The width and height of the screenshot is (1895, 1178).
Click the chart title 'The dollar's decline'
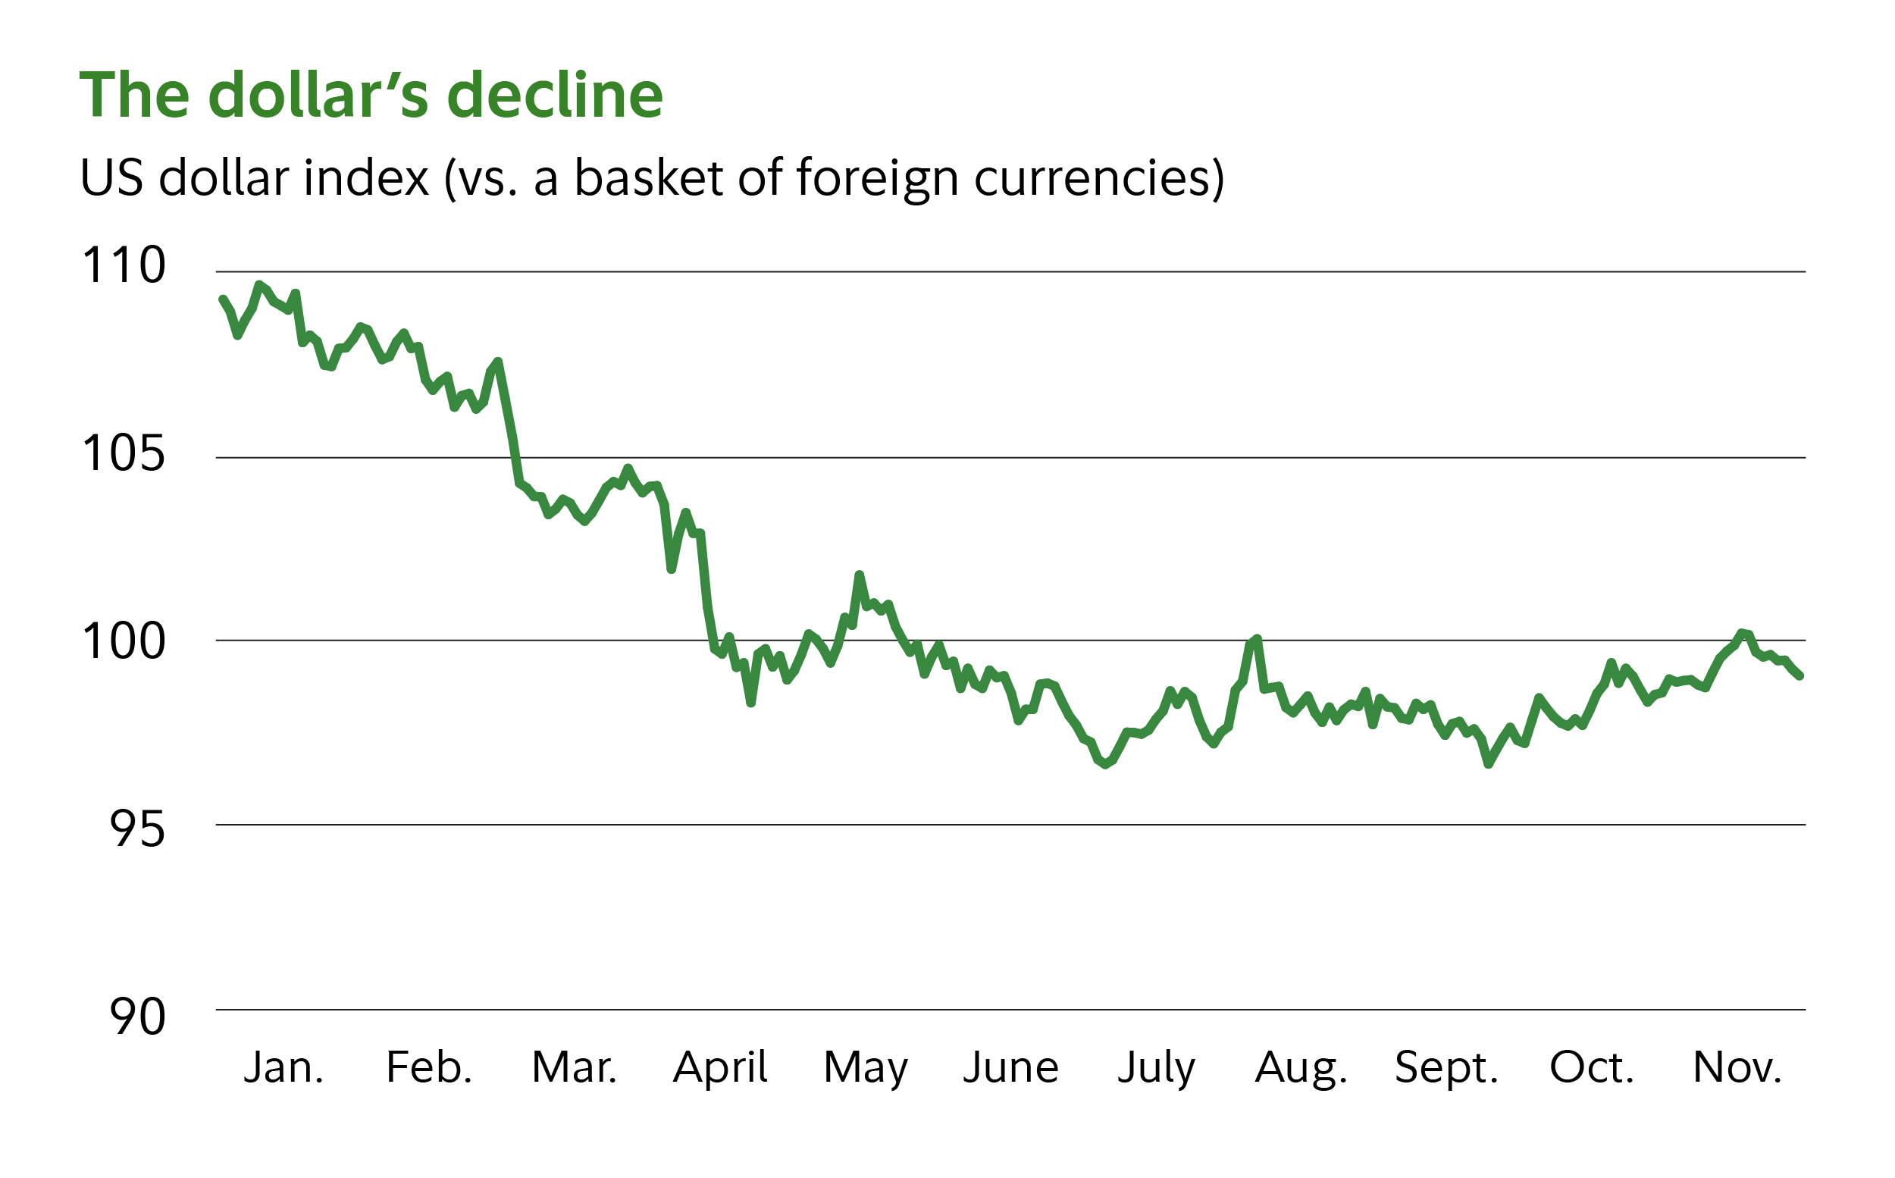[x=371, y=95]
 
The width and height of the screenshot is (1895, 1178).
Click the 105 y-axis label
[x=123, y=453]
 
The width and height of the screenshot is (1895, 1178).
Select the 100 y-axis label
[x=123, y=642]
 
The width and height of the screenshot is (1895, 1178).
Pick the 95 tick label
[x=137, y=830]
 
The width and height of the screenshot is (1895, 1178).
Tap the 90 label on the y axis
[x=137, y=1017]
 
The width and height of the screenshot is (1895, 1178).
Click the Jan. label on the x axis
[x=283, y=1067]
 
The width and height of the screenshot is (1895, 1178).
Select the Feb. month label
[x=429, y=1067]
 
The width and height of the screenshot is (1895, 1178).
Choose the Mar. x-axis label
[x=574, y=1067]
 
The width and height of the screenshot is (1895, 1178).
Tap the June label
[x=1011, y=1067]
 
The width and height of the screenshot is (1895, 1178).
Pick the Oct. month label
[x=1591, y=1067]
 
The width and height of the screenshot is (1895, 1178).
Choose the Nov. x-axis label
[x=1737, y=1067]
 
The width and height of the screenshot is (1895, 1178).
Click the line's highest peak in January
[x=259, y=285]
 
